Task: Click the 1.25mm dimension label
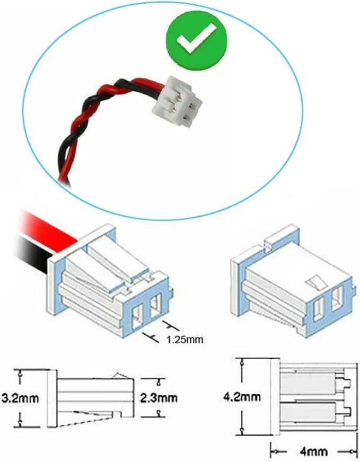pos(185,340)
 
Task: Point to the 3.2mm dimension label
pos(20,398)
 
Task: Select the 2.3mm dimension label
pos(159,398)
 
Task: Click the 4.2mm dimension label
pos(242,397)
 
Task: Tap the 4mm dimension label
pos(313,451)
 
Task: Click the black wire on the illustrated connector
pos(31,251)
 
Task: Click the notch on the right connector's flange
pos(268,242)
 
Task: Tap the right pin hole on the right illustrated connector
pos(337,299)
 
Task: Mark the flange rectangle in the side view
pos(52,398)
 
